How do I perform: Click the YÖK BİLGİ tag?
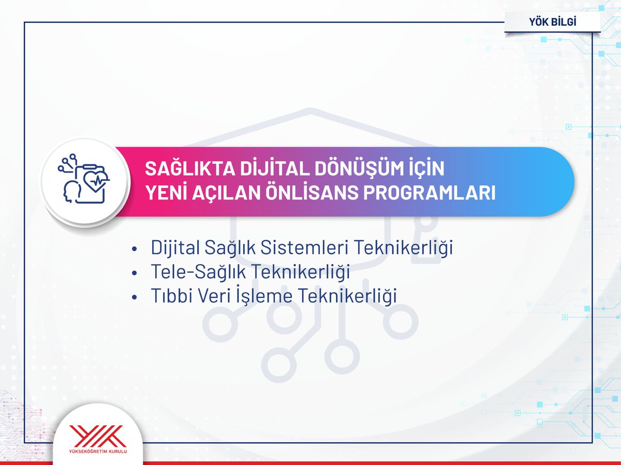point(553,22)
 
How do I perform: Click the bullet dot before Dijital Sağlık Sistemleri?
point(135,249)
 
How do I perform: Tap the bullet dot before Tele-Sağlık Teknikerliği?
point(135,273)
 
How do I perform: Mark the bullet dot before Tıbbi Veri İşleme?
point(135,298)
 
